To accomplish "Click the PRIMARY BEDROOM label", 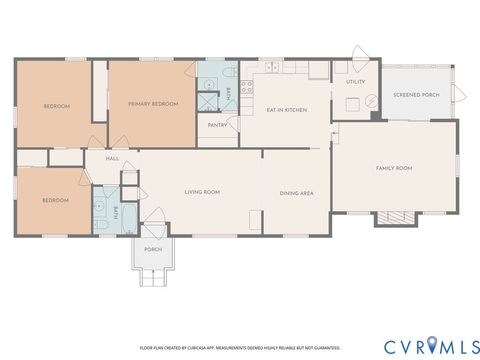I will pos(152,104).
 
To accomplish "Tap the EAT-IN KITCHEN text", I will pos(285,109).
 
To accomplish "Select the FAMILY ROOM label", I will pos(393,168).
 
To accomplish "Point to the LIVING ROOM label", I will pos(202,192).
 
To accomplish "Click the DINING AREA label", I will pos(296,192).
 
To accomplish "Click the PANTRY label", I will pos(217,125).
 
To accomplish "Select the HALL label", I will pos(113,158).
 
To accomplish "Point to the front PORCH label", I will pos(153,249).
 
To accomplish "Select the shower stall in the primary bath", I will pos(210,101).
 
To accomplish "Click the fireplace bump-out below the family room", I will pos(394,218).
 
